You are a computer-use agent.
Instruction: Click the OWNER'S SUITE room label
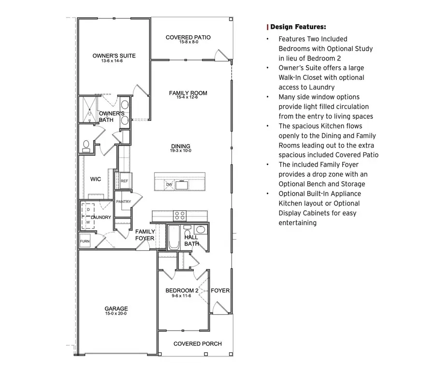coord(114,56)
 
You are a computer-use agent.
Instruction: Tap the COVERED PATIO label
coord(188,37)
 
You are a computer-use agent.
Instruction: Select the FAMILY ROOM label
coord(188,93)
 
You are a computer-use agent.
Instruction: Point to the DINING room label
coord(181,146)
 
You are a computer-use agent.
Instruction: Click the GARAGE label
coord(116,308)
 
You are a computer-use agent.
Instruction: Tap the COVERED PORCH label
coord(198,344)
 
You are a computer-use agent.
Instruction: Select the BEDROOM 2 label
coord(182,291)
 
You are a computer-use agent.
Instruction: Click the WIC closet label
coord(96,179)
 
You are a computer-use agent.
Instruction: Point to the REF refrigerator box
coord(124,181)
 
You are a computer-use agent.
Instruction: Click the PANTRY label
coord(124,202)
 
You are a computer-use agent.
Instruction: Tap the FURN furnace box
coord(85,241)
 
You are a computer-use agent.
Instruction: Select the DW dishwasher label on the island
coord(169,184)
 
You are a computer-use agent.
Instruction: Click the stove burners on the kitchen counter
coord(180,215)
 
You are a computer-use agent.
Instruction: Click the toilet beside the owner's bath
coord(87,145)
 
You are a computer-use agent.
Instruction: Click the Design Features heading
coord(298,27)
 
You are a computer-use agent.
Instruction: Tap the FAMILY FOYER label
coord(145,235)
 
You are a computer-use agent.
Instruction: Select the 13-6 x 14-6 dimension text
coord(114,61)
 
